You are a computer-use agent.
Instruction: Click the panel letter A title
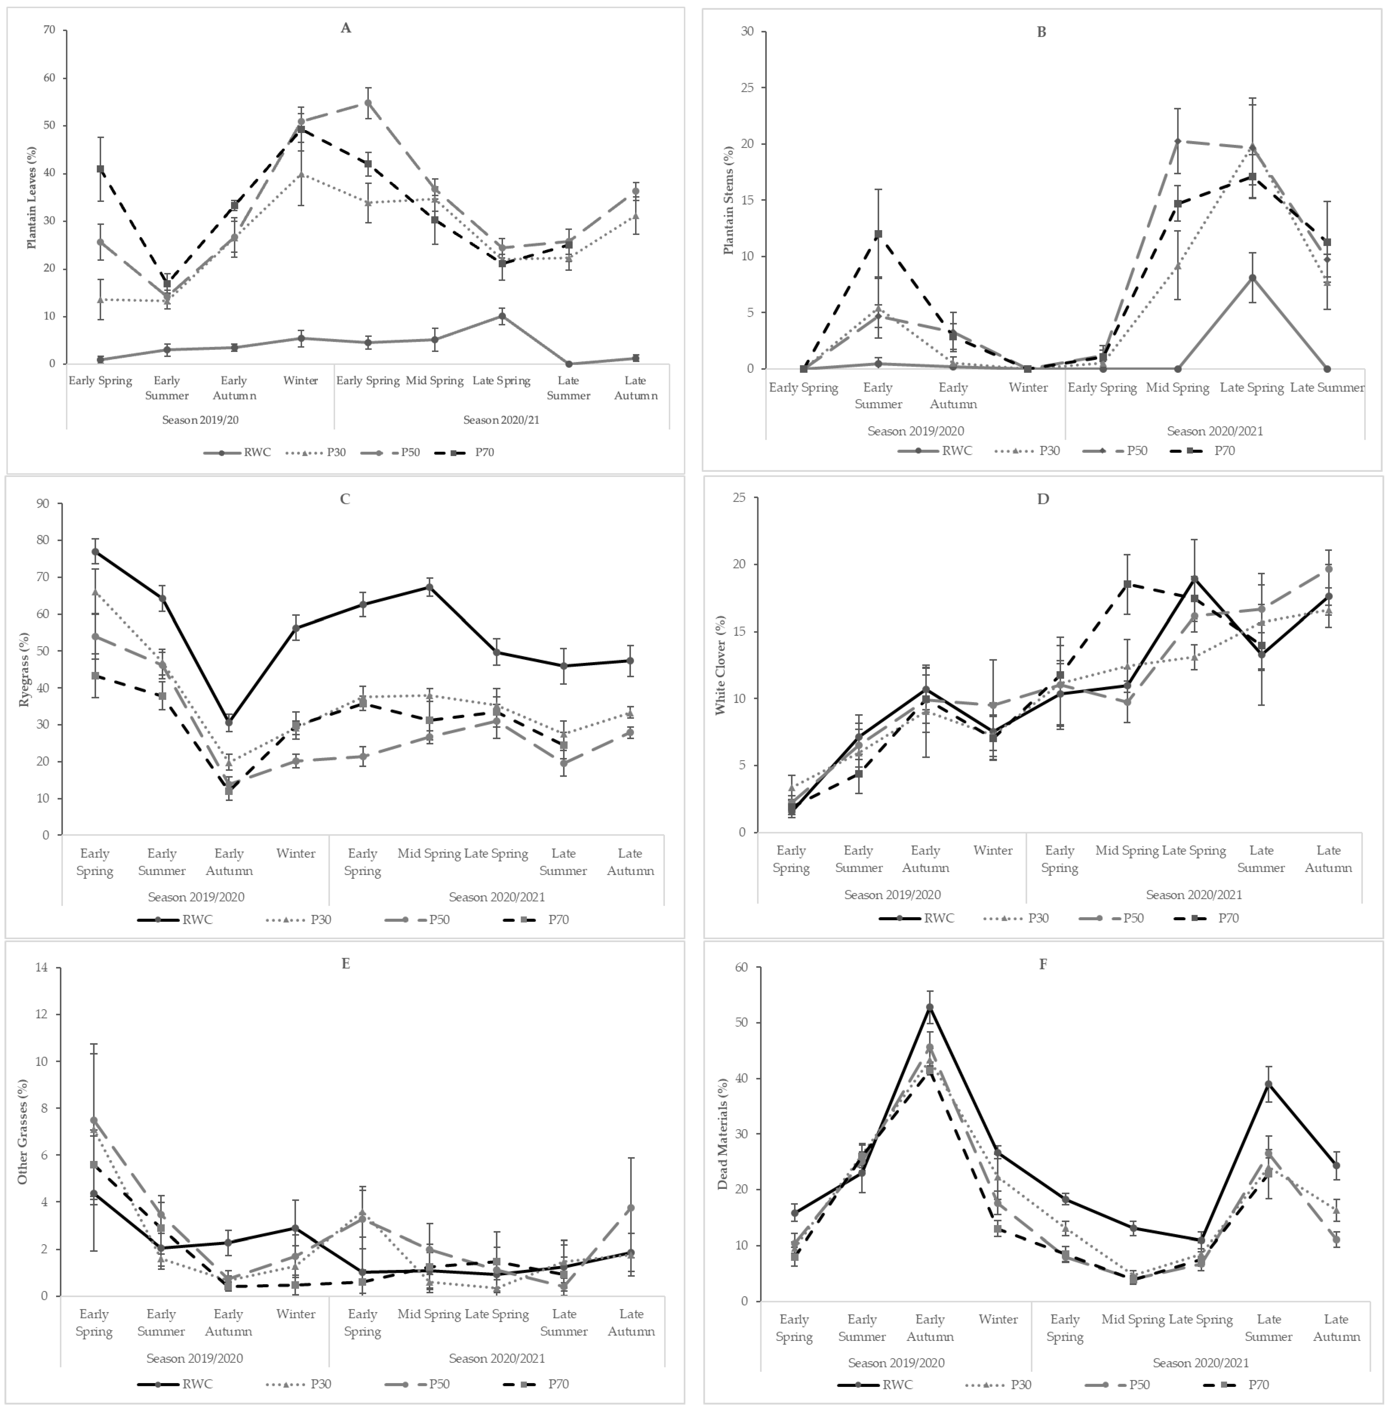[x=346, y=28]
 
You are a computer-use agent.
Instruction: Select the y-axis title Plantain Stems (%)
[x=728, y=200]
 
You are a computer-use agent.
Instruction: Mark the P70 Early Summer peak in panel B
[x=879, y=234]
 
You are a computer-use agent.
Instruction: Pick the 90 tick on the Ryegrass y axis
[x=44, y=504]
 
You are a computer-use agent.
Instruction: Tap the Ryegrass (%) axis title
[x=24, y=670]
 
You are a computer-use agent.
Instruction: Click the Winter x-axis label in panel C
[x=295, y=853]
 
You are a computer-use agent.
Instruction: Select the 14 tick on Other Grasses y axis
[x=42, y=968]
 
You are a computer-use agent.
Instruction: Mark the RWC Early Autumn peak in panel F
[x=930, y=1007]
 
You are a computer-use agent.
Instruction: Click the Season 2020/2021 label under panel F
[x=1200, y=1363]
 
